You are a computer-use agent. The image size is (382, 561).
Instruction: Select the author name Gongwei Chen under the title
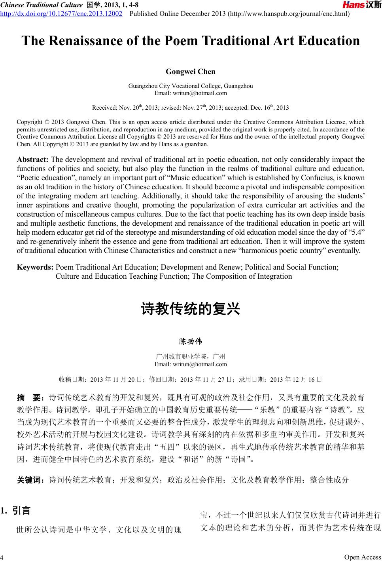click(191, 72)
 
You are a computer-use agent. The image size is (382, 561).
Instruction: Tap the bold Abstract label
click(33, 160)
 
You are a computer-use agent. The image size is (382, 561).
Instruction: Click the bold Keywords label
click(35, 267)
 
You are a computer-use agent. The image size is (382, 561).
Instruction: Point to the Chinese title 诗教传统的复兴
click(191, 308)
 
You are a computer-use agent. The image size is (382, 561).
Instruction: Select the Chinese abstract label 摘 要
click(31, 397)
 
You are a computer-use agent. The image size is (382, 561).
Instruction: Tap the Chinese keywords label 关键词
click(30, 480)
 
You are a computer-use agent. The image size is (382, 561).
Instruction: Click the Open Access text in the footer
click(362, 557)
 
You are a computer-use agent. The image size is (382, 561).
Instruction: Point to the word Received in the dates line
click(104, 108)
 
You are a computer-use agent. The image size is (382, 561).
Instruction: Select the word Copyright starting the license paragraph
click(30, 122)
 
